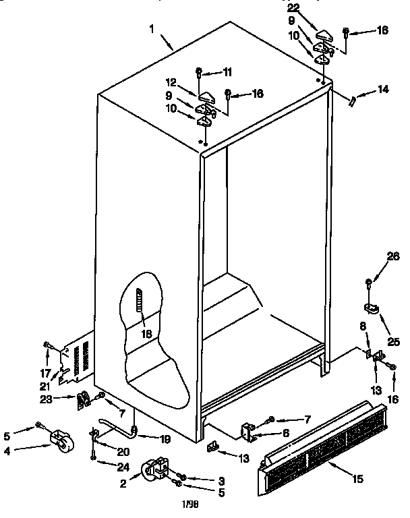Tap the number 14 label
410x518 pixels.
(x=382, y=88)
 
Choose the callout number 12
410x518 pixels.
(x=171, y=82)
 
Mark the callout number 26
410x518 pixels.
(x=393, y=256)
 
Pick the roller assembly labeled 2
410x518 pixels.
(x=155, y=470)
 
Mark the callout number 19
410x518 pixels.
(x=165, y=439)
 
